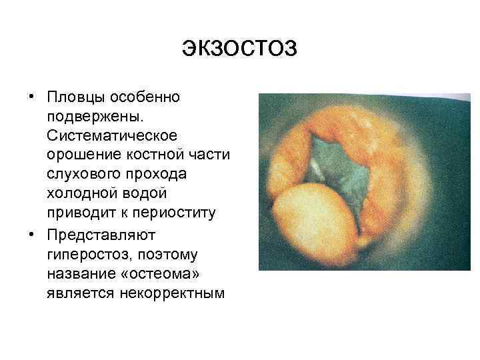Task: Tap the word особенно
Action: click(145, 98)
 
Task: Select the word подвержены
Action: click(89, 117)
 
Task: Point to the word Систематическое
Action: click(111, 136)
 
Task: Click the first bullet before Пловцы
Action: click(32, 97)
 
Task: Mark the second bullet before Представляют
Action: click(32, 235)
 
